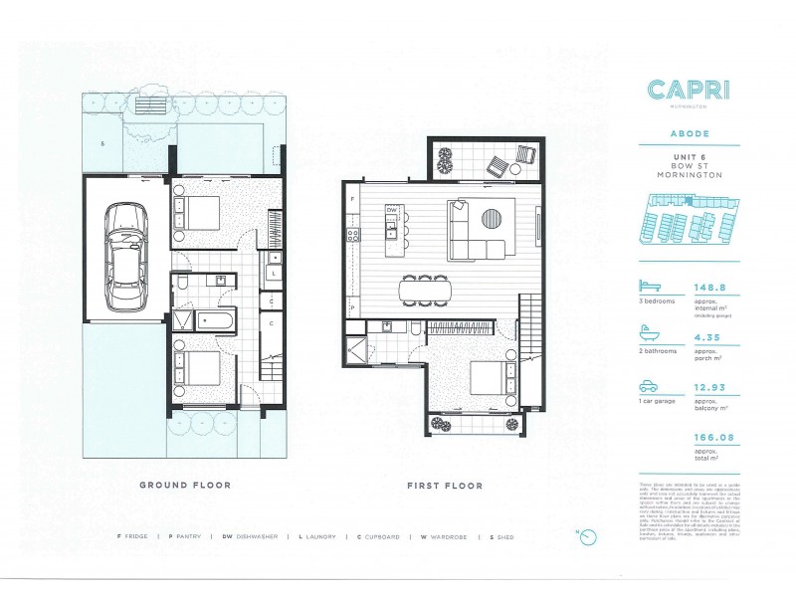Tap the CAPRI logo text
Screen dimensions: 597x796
tap(688, 90)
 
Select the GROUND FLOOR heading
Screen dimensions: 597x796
tap(184, 486)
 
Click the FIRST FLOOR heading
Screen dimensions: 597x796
tap(443, 486)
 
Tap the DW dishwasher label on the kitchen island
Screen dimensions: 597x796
tap(392, 210)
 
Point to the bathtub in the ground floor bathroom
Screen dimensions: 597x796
tap(215, 319)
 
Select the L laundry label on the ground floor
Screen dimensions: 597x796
tap(273, 272)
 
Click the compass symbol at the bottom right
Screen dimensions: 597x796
tap(588, 537)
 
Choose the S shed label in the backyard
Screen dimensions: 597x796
tap(101, 145)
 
